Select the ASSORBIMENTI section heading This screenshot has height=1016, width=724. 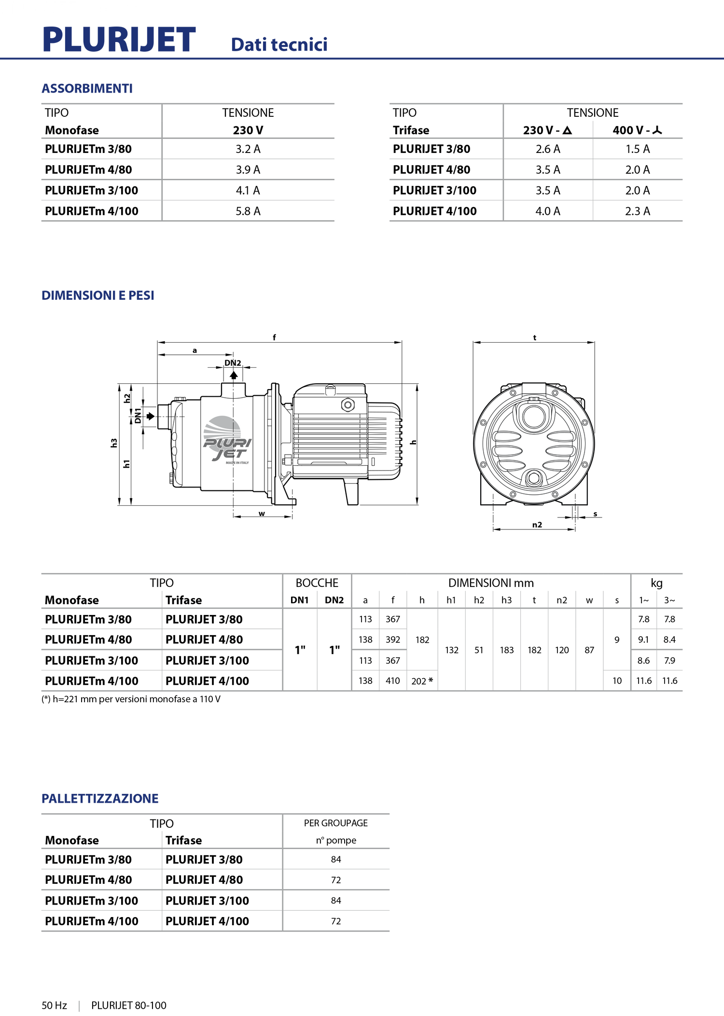pos(87,88)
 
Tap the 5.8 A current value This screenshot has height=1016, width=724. pos(248,211)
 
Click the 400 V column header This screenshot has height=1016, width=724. pos(637,130)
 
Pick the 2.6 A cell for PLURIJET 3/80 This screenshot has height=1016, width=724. pos(548,149)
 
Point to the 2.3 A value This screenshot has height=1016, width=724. pos(638,211)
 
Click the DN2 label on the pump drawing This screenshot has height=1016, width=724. pos(233,363)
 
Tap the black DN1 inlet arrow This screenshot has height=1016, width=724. pos(151,416)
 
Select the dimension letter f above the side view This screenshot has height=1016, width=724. pos(274,337)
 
